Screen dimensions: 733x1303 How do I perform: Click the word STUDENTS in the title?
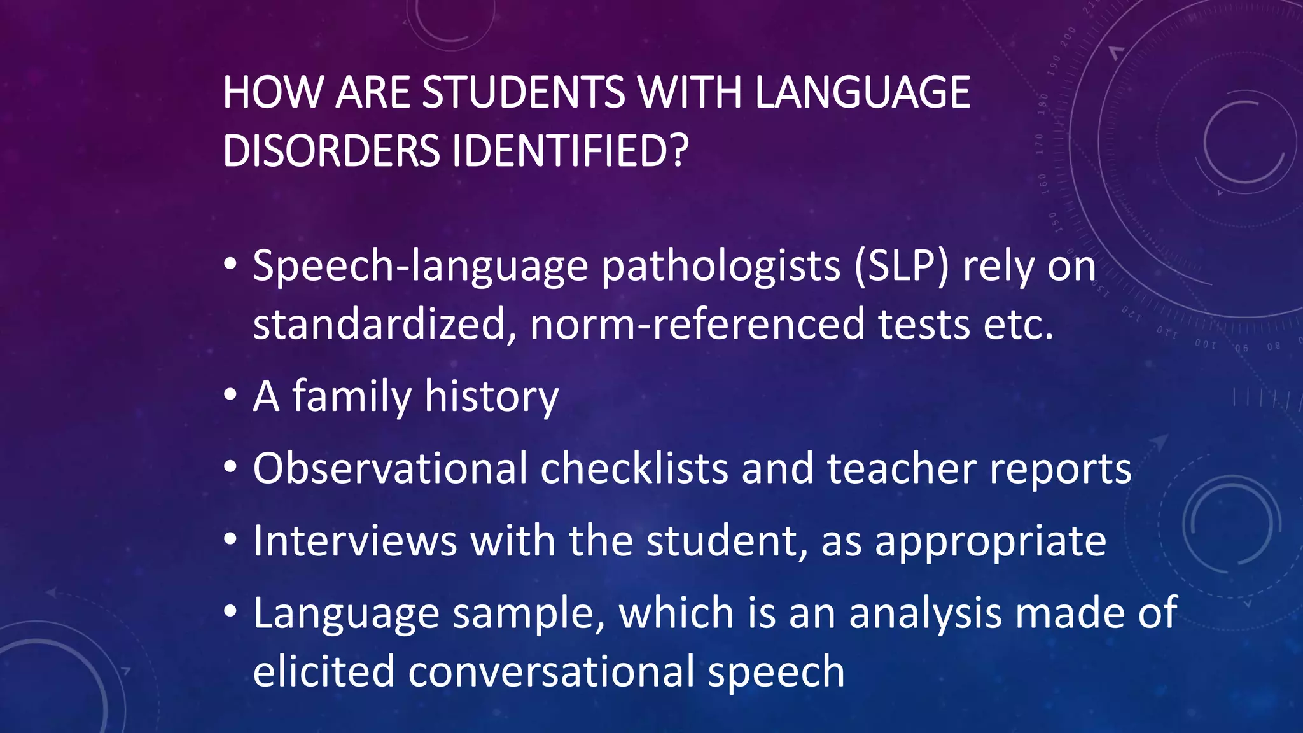(523, 93)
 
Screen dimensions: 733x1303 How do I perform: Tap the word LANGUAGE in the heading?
(862, 93)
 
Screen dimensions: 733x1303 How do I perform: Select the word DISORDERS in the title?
(331, 151)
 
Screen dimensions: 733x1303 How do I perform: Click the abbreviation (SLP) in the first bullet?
(902, 266)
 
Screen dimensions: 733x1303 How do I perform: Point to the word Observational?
(390, 469)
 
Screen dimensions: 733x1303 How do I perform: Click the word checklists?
(634, 469)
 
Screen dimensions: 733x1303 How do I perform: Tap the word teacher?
(901, 469)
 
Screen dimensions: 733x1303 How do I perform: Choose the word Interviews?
(355, 541)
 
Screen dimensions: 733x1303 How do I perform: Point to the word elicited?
(323, 672)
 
